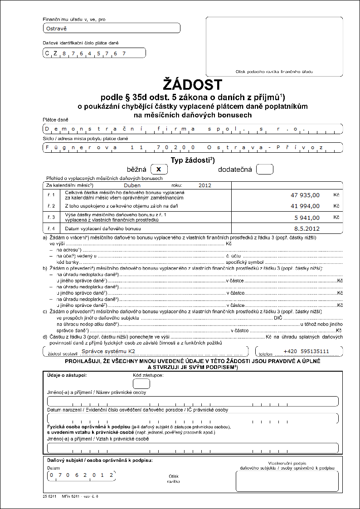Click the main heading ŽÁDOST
pos(193,85)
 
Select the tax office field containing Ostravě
pos(112,28)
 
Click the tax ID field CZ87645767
pos(94,53)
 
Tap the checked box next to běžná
pos(159,169)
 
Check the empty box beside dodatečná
pos(265,169)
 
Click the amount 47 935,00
pos(305,195)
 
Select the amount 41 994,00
pos(305,206)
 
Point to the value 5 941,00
pos(307,217)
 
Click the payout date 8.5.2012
pos(307,228)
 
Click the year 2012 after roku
pos(205,185)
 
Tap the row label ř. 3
pos(51,217)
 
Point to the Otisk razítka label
pos(174,478)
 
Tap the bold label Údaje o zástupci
pos(67,375)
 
